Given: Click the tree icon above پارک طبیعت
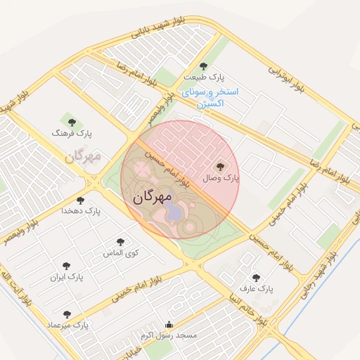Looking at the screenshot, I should pyautogui.click(x=204, y=65).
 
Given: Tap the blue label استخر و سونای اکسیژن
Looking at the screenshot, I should pyautogui.click(x=210, y=98).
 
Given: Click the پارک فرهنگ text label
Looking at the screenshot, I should pyautogui.click(x=72, y=133).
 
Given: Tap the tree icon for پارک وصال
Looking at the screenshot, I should pyautogui.click(x=221, y=167).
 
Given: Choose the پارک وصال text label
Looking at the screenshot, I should pyautogui.click(x=221, y=179).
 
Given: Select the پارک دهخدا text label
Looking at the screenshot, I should pyautogui.click(x=81, y=210).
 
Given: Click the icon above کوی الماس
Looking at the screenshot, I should pyautogui.click(x=121, y=242).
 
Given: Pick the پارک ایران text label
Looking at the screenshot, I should pyautogui.click(x=67, y=277).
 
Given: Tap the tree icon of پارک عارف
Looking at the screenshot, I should pyautogui.click(x=255, y=278).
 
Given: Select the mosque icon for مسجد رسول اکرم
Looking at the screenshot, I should pyautogui.click(x=168, y=325).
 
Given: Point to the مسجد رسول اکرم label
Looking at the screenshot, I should pyautogui.click(x=168, y=336).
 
